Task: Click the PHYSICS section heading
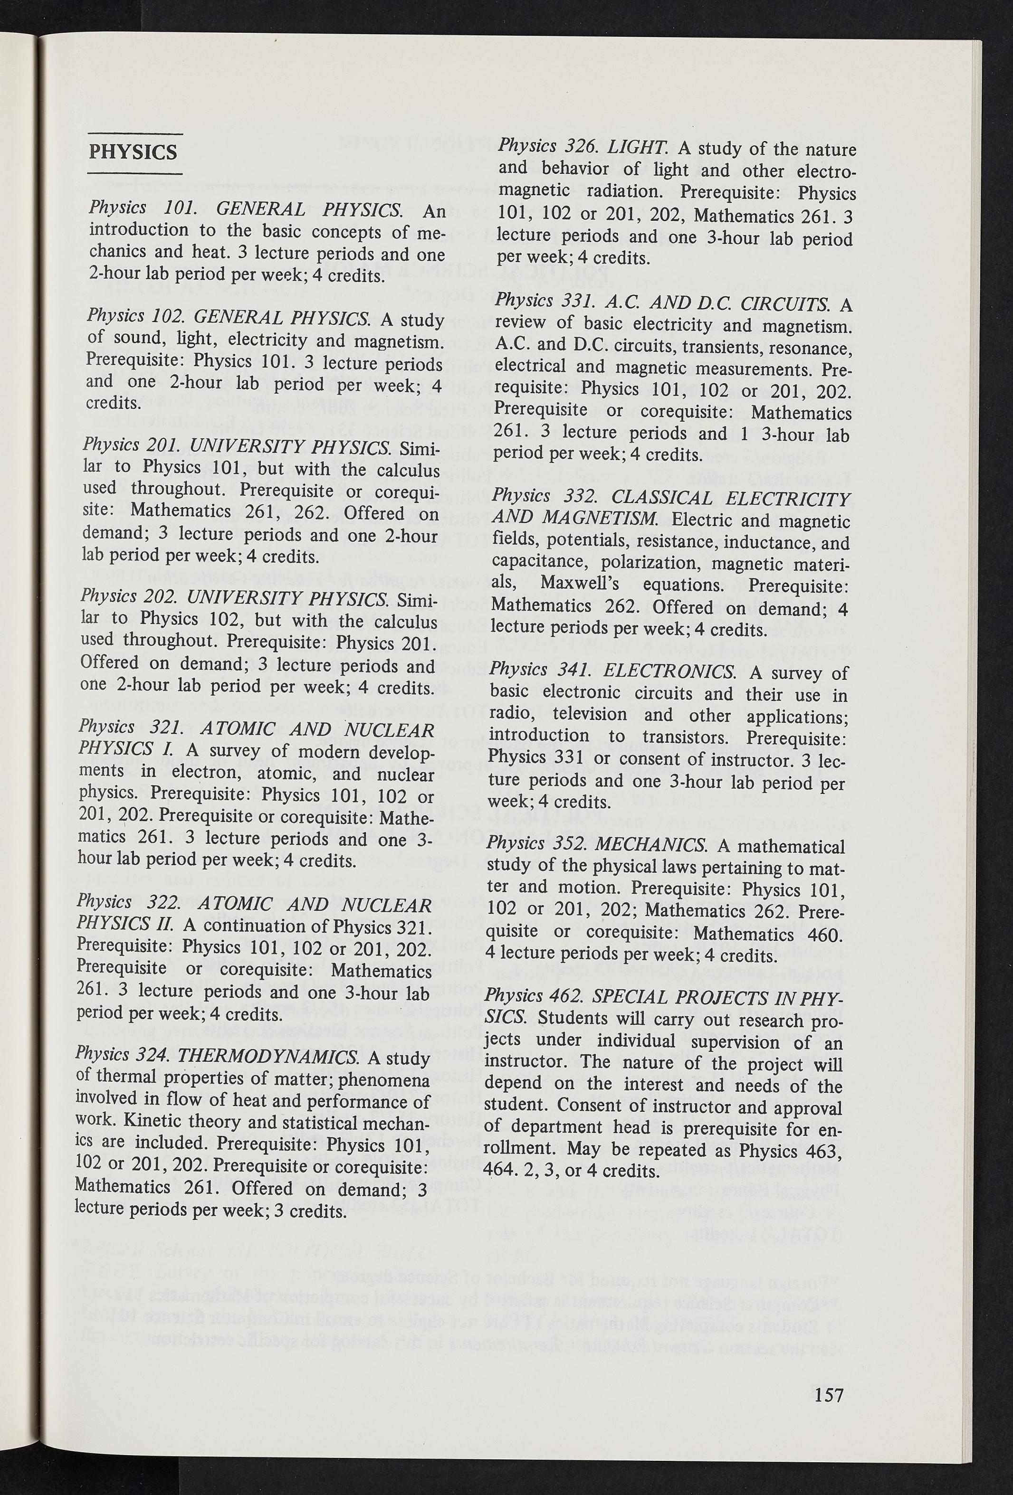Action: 133,152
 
